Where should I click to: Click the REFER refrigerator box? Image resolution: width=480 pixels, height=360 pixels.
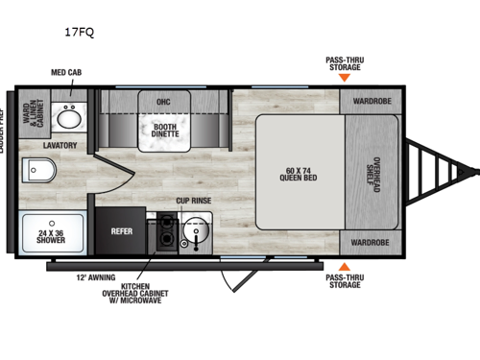pos(121,230)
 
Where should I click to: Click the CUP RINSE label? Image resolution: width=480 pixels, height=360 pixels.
pos(193,201)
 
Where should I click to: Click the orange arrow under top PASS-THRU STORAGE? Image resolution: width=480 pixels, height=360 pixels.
pos(343,81)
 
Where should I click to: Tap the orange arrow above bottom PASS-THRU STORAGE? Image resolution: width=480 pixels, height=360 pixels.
pos(343,265)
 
